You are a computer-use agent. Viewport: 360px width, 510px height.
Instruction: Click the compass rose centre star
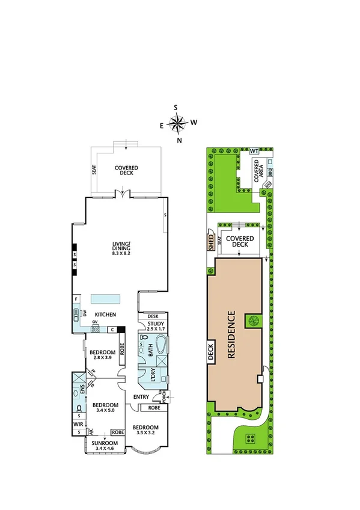pos(178,124)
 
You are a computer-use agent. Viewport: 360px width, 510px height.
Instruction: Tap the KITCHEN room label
pos(106,315)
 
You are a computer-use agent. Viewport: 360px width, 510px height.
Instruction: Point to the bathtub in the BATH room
pos(161,347)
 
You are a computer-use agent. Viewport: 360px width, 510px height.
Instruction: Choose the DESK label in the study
pos(152,316)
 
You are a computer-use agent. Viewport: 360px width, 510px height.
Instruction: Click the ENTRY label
pos(141,396)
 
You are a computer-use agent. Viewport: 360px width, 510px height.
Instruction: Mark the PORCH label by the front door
pos(162,396)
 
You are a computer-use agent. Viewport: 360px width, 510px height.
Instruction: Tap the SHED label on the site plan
pos(211,242)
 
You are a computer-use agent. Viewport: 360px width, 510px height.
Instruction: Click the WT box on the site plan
pos(254,150)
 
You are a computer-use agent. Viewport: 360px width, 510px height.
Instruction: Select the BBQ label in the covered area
pos(270,172)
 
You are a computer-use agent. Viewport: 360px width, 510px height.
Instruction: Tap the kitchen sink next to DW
pos(76,313)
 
